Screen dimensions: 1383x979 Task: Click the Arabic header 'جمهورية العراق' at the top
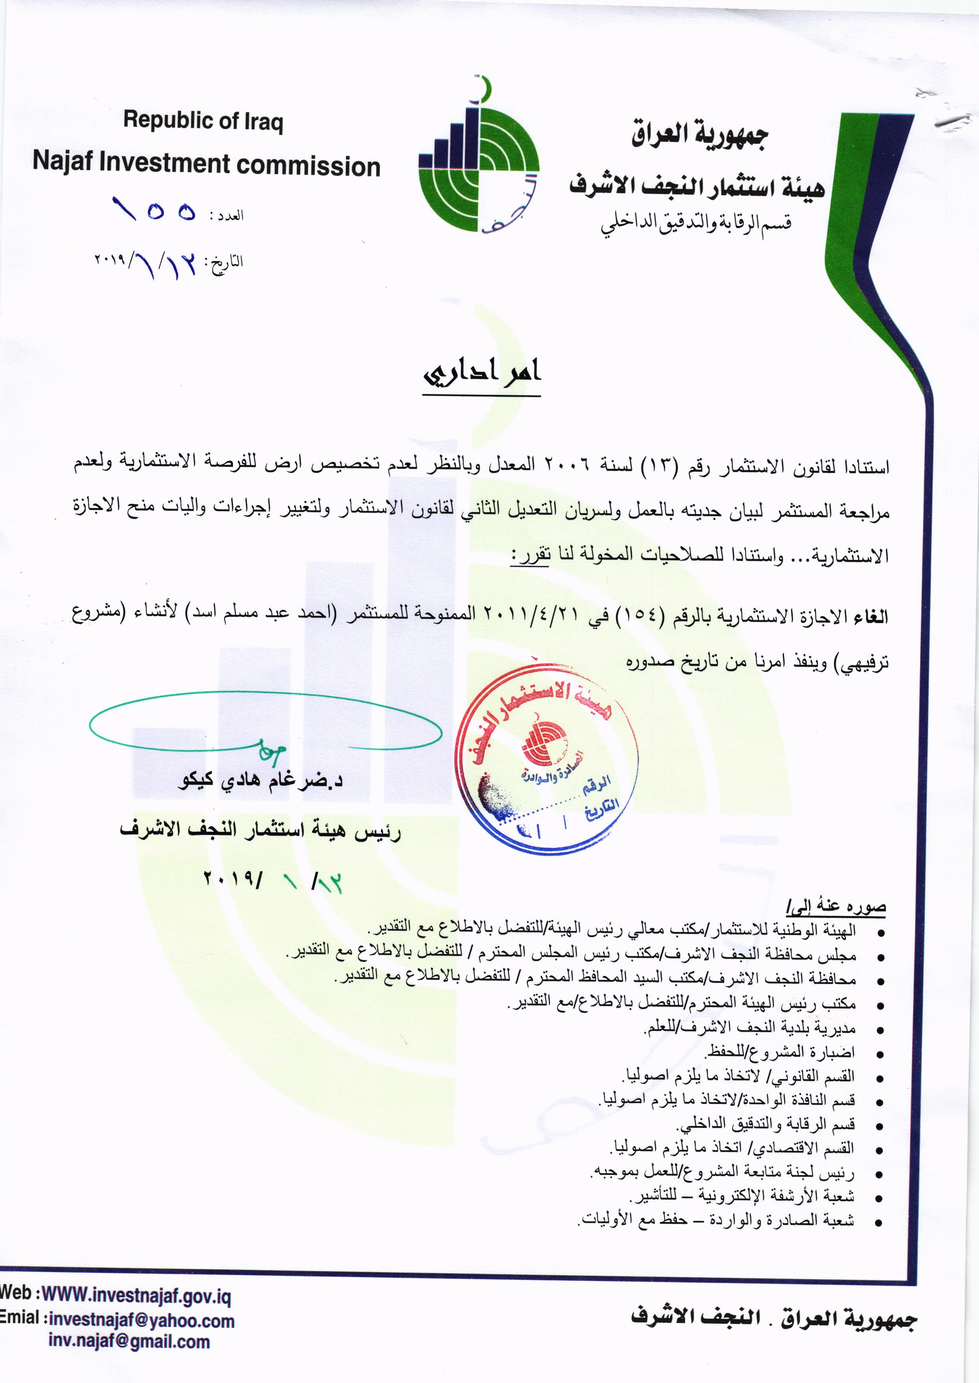pyautogui.click(x=699, y=136)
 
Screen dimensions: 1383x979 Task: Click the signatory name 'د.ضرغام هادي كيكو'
pyautogui.click(x=261, y=781)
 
